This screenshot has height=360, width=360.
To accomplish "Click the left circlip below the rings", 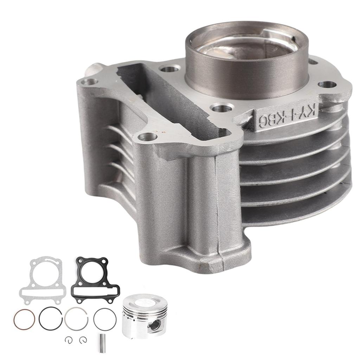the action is [68, 339].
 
